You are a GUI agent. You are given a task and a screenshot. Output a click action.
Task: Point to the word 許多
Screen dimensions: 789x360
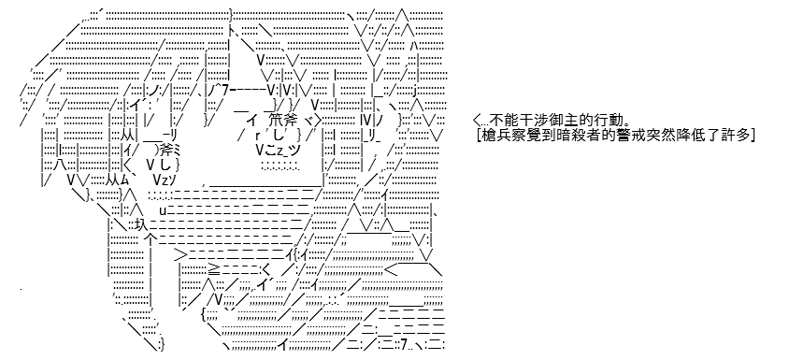(729, 135)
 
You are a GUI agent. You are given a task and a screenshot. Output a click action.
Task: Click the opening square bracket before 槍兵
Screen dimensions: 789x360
(478, 135)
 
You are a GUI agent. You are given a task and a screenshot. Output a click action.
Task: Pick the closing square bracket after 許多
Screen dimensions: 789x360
(752, 135)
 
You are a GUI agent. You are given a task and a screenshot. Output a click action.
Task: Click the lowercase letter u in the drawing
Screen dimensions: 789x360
(163, 209)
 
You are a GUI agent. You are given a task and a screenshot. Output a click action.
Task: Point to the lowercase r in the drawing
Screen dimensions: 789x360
(257, 136)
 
